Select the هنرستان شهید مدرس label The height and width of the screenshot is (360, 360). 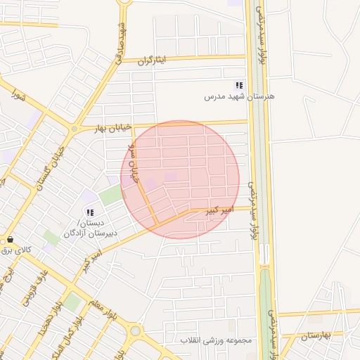237,96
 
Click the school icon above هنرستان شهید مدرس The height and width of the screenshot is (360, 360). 239,85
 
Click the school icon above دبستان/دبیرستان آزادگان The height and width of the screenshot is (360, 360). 90,212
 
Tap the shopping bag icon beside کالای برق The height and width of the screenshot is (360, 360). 8,239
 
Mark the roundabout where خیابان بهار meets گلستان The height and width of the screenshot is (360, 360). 74,129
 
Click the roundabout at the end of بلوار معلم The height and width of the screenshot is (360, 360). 135,330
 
